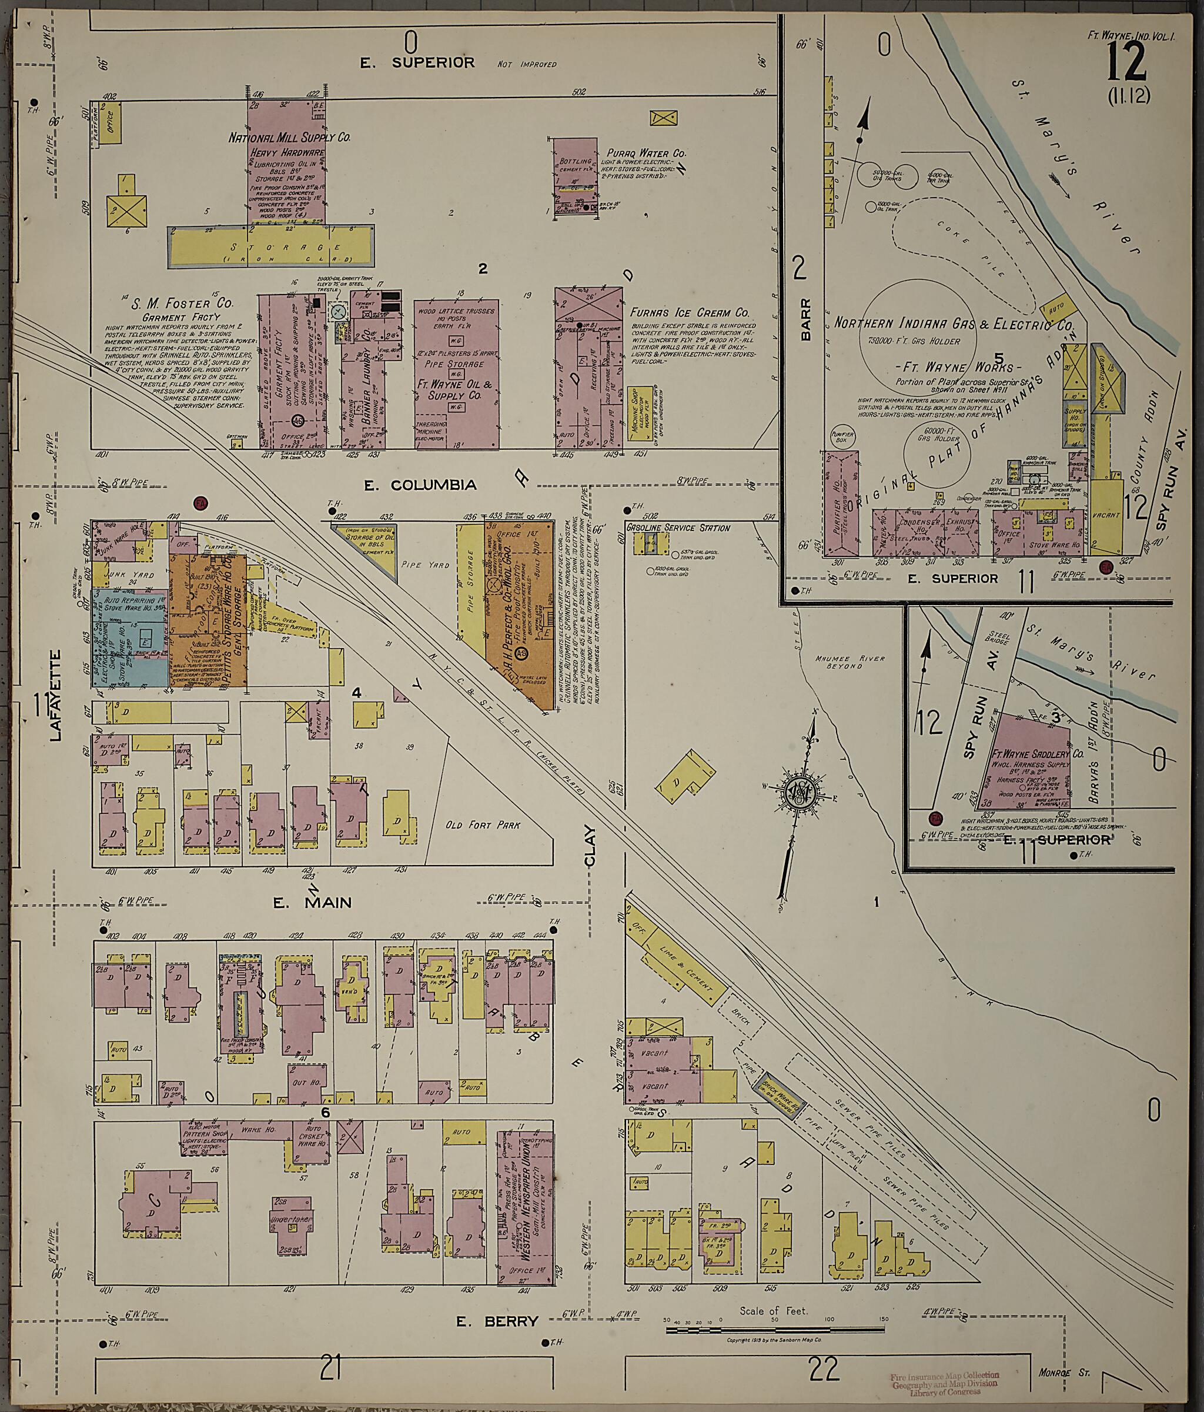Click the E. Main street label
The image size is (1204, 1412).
[x=313, y=903]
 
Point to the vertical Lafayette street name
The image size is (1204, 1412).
[x=56, y=695]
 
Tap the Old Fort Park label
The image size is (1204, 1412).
[x=483, y=824]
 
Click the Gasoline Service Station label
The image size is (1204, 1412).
[x=677, y=528]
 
